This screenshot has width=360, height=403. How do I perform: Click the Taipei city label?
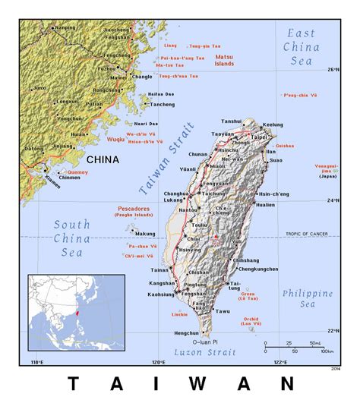coord(260,137)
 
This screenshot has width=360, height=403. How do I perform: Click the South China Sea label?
coord(71,238)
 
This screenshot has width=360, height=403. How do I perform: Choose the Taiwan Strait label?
coord(167,160)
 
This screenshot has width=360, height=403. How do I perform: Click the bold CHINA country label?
coord(103,160)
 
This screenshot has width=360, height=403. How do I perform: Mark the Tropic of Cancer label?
coord(307,234)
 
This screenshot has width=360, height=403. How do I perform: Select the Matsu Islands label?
coord(223,60)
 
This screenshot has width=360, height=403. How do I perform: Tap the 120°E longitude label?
coord(158,361)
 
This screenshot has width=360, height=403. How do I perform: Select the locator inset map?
coord(77,312)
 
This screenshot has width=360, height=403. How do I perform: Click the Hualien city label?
coord(265,205)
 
